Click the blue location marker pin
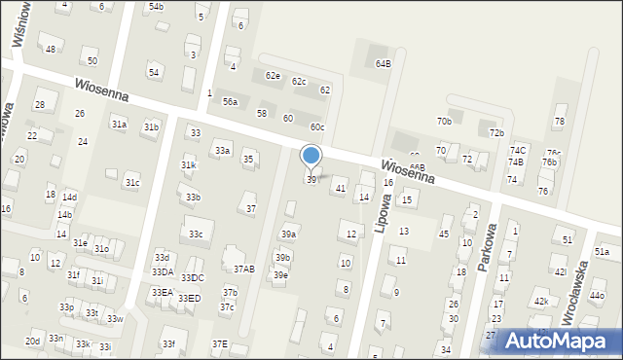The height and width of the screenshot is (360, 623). tap(311, 156)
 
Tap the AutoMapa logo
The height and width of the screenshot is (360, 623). tap(560, 341)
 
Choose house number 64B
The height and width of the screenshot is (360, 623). tap(383, 63)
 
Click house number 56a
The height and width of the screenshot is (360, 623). tap(230, 101)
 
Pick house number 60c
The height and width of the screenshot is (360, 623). tap(317, 127)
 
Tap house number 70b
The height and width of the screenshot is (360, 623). tap(444, 121)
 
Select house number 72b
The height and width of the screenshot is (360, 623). tap(496, 132)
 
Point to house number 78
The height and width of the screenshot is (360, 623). tap(559, 122)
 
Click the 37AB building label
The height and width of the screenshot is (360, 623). tap(243, 269)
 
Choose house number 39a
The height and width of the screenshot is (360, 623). tap(288, 234)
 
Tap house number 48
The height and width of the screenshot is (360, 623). tap(50, 49)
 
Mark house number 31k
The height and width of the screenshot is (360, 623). tap(188, 165)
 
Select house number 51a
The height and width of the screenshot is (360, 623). tap(602, 252)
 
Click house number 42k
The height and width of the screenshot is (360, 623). tap(541, 302)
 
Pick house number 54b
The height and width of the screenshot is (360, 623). tap(156, 7)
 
